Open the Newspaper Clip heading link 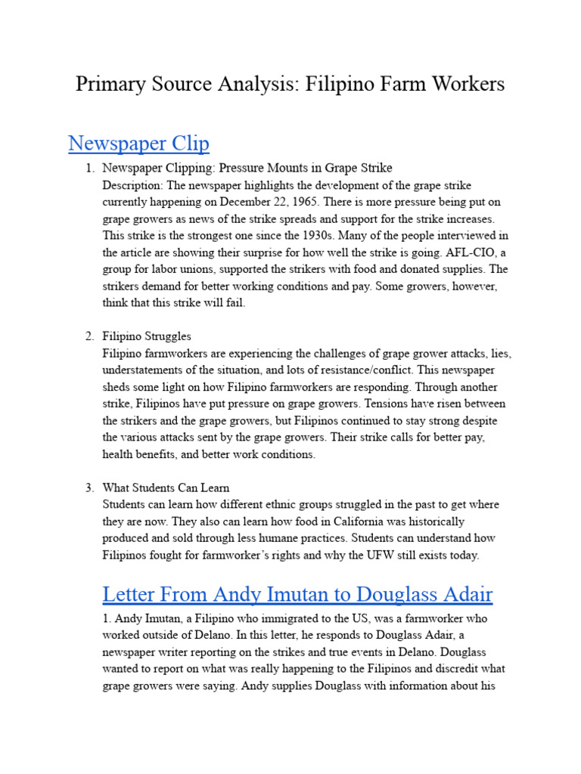pyautogui.click(x=138, y=143)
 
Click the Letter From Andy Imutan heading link pyautogui.click(x=297, y=594)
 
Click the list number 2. pyautogui.click(x=89, y=336)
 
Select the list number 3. pyautogui.click(x=89, y=488)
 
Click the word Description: pyautogui.click(x=132, y=185)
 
